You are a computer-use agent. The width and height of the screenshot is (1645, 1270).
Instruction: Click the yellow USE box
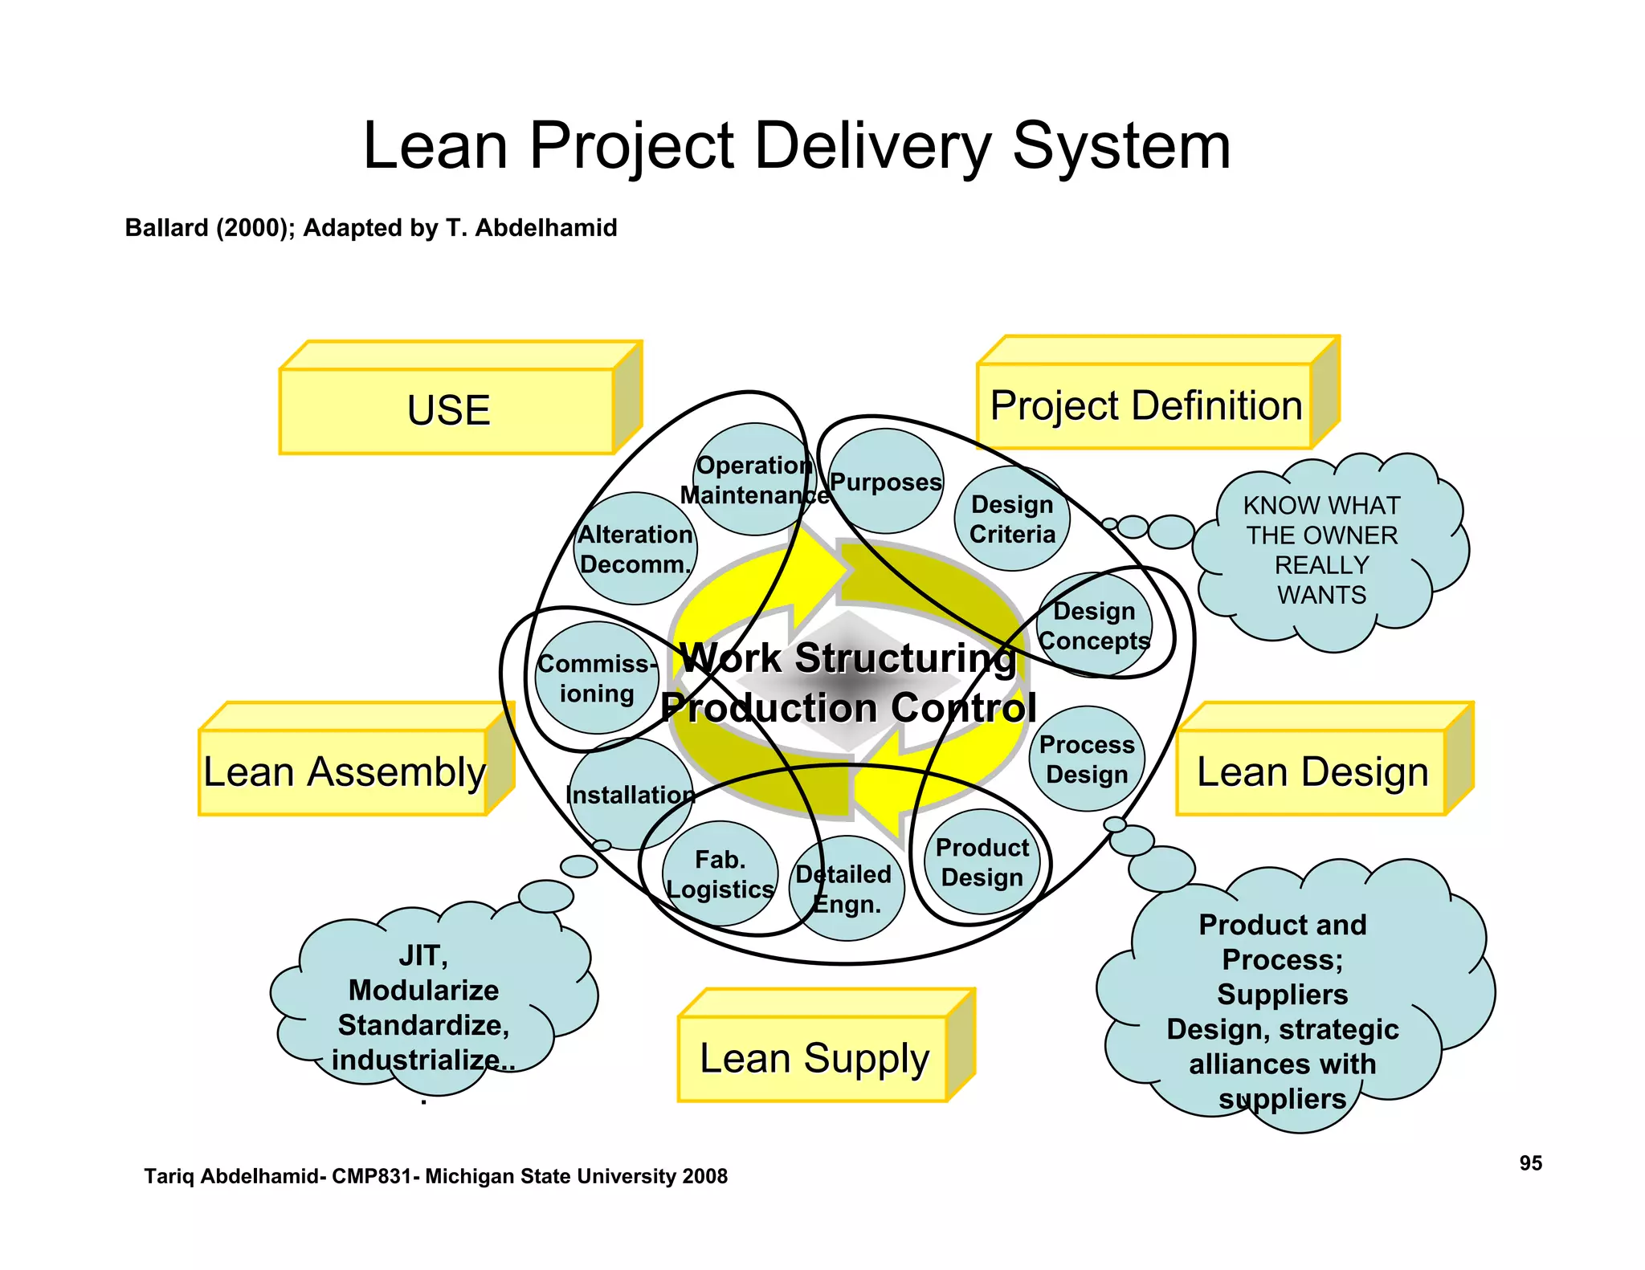click(447, 410)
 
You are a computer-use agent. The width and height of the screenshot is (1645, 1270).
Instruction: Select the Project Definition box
click(1145, 405)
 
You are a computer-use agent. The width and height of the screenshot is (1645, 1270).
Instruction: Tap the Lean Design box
click(1312, 771)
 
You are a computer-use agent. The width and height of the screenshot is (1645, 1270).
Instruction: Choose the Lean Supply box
click(814, 1058)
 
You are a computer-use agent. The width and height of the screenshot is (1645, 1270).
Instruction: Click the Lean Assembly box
click(344, 771)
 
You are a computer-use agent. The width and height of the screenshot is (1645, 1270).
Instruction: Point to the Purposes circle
click(885, 482)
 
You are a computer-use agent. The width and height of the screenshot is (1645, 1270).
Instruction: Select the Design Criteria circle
click(1012, 519)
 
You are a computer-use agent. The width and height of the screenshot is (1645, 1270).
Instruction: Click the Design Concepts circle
click(1094, 625)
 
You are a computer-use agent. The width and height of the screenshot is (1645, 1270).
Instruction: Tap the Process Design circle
click(1087, 759)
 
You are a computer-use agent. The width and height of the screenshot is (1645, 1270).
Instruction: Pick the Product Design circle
click(982, 861)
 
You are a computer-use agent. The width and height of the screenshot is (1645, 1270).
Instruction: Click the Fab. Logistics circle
click(720, 873)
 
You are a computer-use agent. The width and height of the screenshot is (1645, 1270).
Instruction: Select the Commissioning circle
click(596, 678)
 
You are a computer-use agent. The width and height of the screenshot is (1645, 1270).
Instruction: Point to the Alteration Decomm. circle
click(635, 549)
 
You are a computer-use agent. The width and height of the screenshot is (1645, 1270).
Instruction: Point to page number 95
click(1530, 1163)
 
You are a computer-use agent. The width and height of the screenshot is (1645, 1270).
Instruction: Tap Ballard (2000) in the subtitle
click(210, 228)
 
